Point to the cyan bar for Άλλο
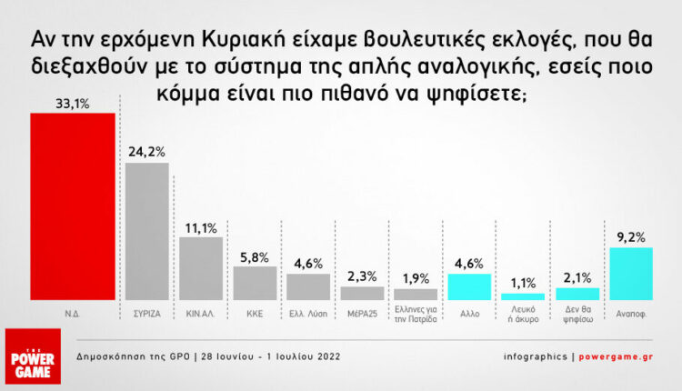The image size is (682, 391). click(469, 286)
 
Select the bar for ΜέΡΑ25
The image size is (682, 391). click(362, 293)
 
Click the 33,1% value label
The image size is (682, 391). click(73, 104)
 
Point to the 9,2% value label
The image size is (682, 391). click(632, 236)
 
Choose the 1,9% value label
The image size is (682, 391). click(416, 277)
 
